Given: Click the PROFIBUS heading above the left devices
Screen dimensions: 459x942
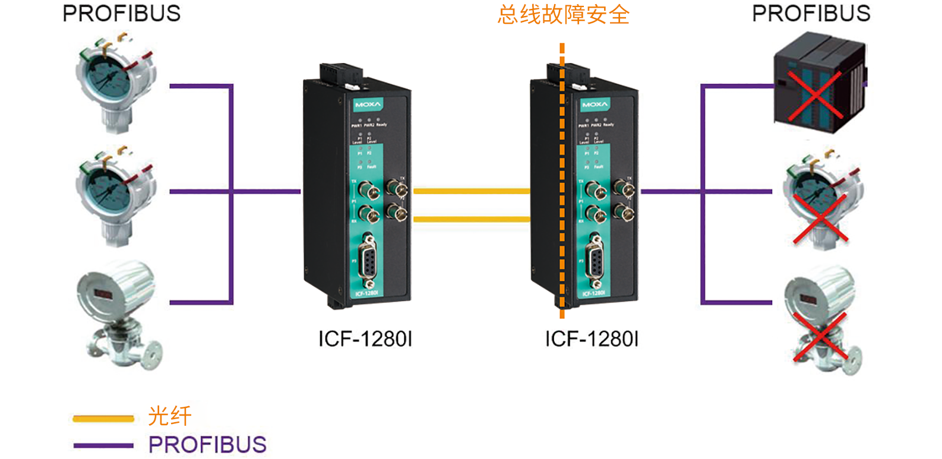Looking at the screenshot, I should (x=121, y=14).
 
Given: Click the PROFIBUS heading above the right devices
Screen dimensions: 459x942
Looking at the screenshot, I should (x=811, y=14).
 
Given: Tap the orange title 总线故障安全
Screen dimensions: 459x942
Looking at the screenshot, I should (x=563, y=15).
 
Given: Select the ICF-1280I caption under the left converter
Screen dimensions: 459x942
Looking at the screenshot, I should (x=365, y=339).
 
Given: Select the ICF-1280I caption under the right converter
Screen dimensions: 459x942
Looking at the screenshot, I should (x=592, y=339).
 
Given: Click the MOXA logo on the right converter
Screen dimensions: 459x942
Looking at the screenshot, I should (x=595, y=105).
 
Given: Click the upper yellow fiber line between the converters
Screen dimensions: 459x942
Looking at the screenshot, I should (x=471, y=191).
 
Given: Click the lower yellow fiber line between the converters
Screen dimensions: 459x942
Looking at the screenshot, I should (x=471, y=219).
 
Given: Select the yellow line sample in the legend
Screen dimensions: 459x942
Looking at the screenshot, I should (x=103, y=419).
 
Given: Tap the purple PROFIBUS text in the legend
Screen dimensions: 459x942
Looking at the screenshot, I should (x=207, y=445).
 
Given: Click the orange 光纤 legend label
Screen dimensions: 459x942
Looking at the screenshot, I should (x=170, y=416).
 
